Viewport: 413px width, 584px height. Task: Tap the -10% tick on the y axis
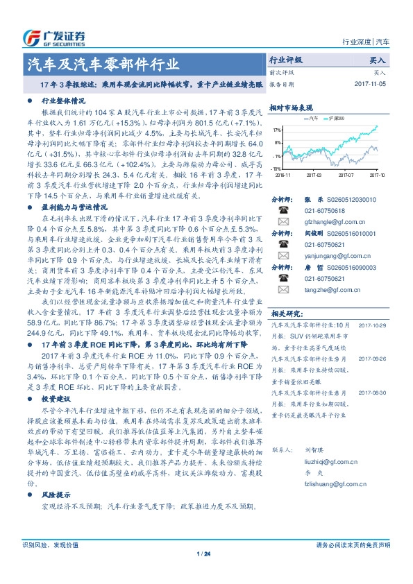[x=276, y=169]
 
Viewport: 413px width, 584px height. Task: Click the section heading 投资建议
[x=56, y=400]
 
